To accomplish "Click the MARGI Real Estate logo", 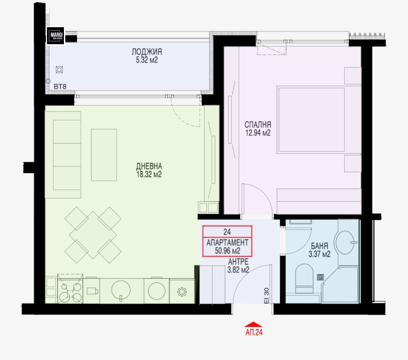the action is [x=55, y=36].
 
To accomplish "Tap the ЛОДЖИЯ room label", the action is [x=147, y=52].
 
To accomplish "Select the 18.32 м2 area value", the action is [x=149, y=174].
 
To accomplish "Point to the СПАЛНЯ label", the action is [x=258, y=125].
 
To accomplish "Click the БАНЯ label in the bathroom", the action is [x=319, y=246].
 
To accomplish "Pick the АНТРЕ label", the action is [x=238, y=262].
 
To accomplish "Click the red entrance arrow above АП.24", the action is [x=253, y=324].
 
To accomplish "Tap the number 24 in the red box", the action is [x=227, y=232].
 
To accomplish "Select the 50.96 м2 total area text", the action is [x=227, y=251].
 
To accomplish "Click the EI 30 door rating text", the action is [x=266, y=296].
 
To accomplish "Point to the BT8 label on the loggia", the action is [x=60, y=87].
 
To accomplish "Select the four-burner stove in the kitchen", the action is [x=70, y=289].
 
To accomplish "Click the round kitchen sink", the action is [x=121, y=290].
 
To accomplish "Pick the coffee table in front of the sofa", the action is [x=104, y=155].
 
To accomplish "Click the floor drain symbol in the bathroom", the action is [x=320, y=277].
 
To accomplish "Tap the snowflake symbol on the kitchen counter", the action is [x=182, y=292].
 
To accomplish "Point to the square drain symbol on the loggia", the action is [x=60, y=70].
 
